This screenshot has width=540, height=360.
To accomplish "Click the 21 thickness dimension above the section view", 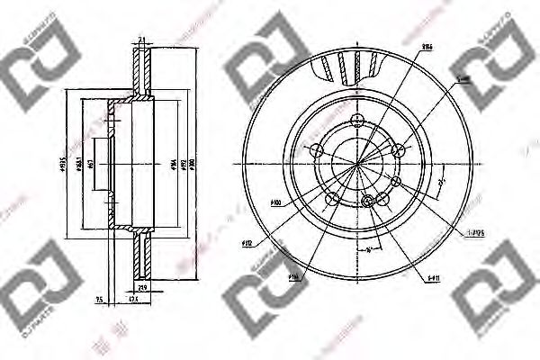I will [142, 39].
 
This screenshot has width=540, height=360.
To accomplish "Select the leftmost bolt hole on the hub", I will [316, 149].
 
